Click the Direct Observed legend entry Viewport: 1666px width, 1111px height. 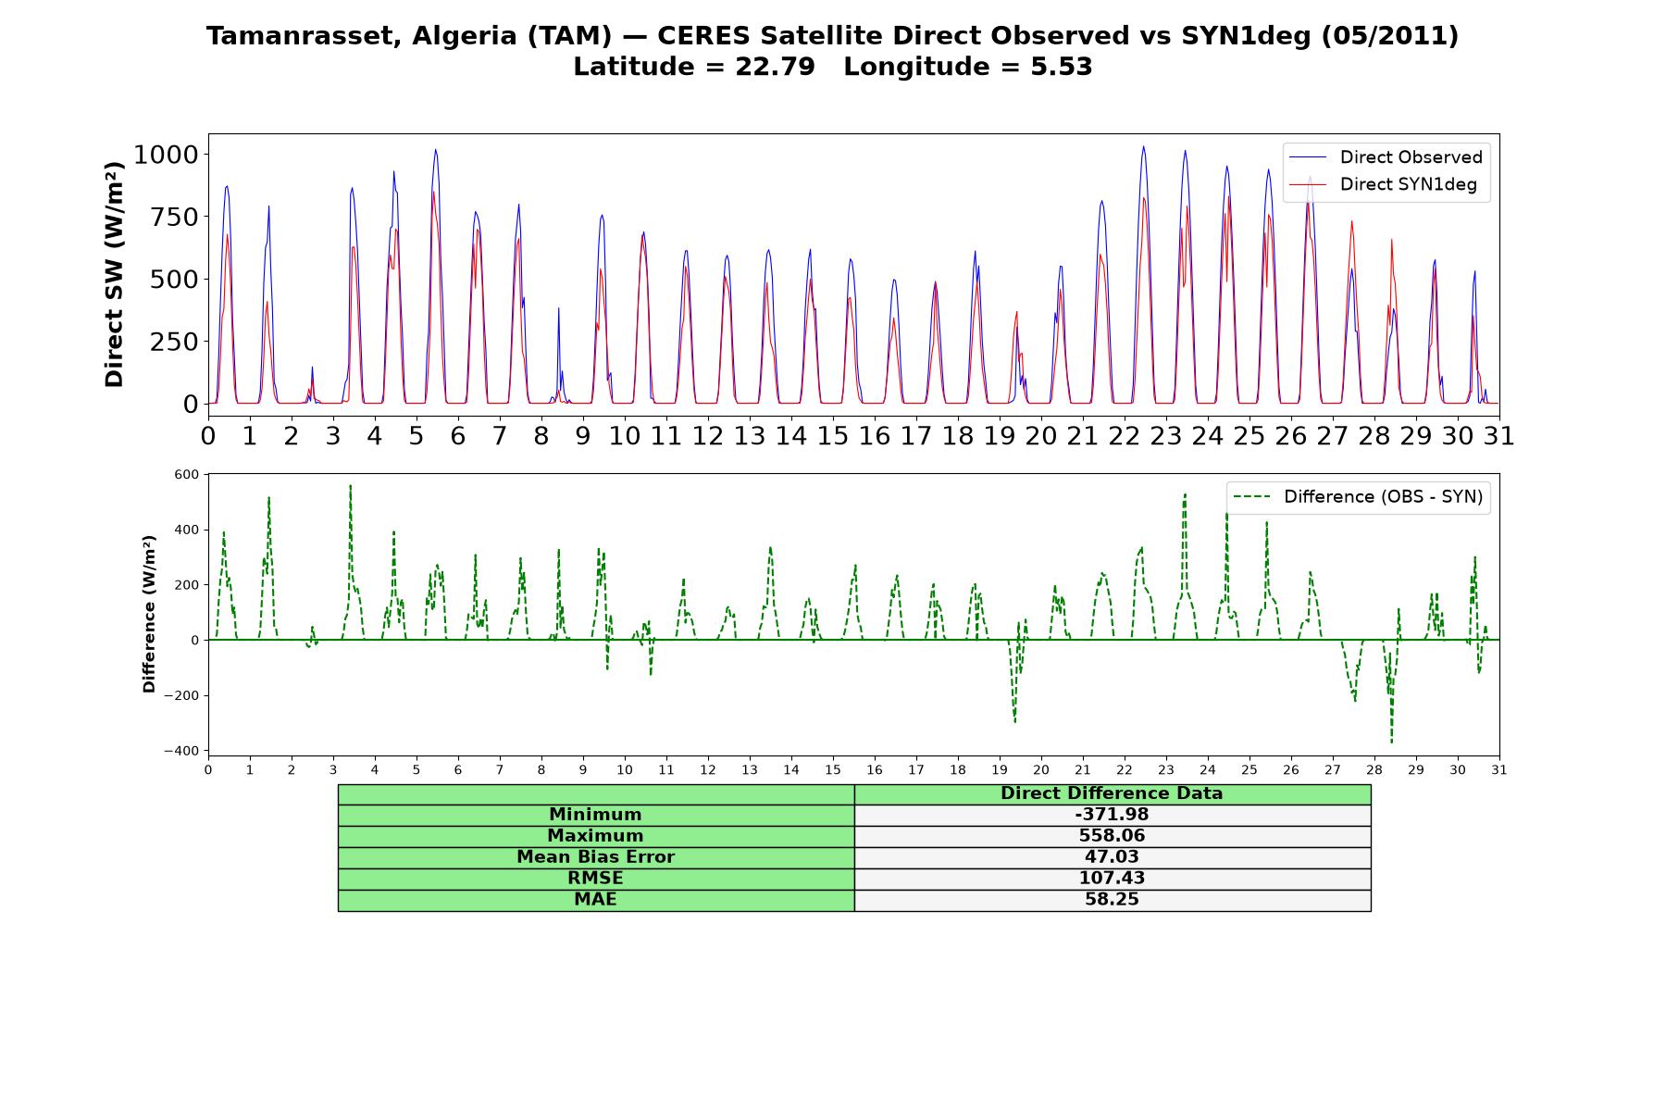click(1386, 157)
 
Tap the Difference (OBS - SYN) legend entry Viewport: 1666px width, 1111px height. click(1358, 497)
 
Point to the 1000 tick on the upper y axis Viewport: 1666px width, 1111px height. click(167, 155)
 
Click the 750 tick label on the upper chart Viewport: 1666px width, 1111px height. click(175, 217)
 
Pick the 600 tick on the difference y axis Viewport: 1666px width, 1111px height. click(186, 474)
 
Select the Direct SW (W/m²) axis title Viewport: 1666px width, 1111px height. click(114, 274)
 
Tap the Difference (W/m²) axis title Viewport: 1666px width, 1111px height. click(149, 614)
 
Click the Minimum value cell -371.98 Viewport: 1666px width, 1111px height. click(1112, 815)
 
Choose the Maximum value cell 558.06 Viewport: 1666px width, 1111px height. click(1112, 836)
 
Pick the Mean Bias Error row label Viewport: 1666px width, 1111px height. click(595, 857)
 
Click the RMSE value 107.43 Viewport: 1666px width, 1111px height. click(1112, 879)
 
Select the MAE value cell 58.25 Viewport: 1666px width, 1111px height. click(1112, 900)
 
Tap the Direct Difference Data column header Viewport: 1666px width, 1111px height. click(1112, 793)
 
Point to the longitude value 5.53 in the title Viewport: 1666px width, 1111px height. click(1062, 67)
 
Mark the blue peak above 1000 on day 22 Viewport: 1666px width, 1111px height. click(1143, 146)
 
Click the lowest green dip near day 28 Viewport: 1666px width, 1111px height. click(1391, 742)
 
